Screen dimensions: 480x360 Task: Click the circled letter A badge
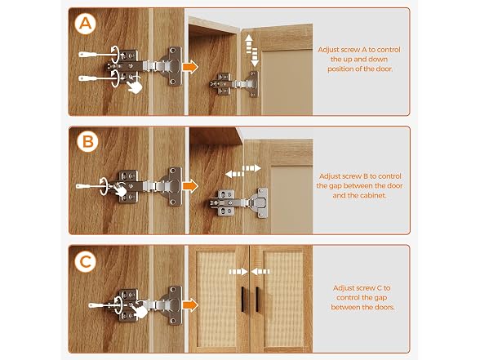pos(86,23)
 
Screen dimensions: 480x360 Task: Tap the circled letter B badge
pos(88,142)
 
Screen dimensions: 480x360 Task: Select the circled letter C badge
pos(86,262)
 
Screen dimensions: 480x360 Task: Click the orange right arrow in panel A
pos(190,67)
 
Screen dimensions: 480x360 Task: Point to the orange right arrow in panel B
pos(190,186)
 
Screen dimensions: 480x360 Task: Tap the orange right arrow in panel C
pos(190,305)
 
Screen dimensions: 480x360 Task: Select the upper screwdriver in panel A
pos(96,55)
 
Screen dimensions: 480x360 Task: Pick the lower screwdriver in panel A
pos(96,78)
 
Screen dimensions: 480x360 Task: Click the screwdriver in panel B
pos(91,186)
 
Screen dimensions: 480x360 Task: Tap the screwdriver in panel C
pos(103,305)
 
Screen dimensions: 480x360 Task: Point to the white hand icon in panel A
pos(135,86)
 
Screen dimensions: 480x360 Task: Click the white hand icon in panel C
pos(140,311)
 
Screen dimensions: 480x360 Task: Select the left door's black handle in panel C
pos(243,299)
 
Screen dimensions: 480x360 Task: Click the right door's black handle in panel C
pos(257,299)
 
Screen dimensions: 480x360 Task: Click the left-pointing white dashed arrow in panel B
pos(234,174)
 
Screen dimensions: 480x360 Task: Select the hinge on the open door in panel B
pos(238,202)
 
